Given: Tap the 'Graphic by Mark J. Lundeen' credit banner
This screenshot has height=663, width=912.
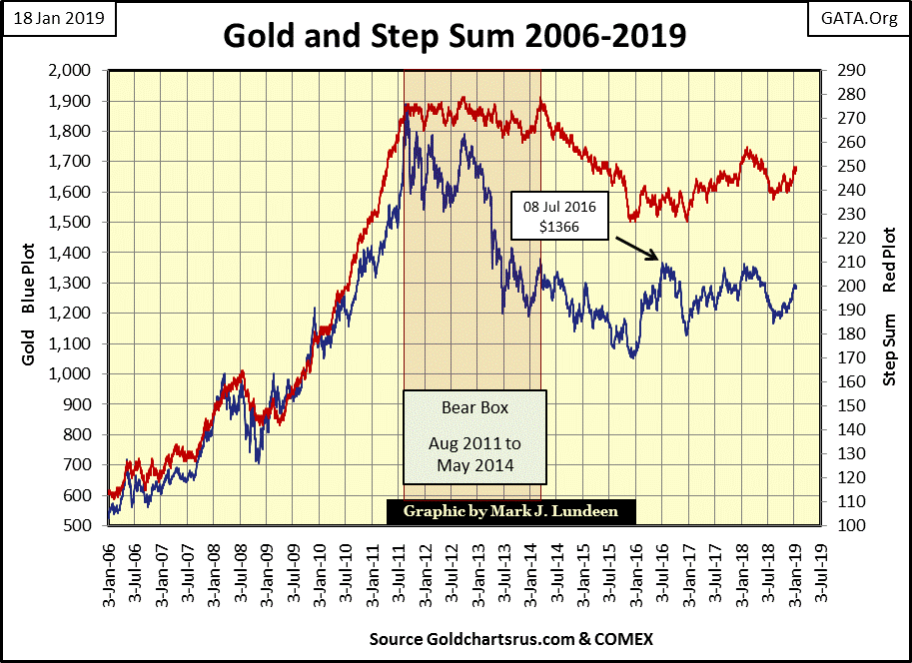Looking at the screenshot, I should coord(510,511).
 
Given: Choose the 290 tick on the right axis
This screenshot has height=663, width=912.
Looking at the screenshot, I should coord(835,71).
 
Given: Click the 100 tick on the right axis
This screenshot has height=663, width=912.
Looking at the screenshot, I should coord(835,525).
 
